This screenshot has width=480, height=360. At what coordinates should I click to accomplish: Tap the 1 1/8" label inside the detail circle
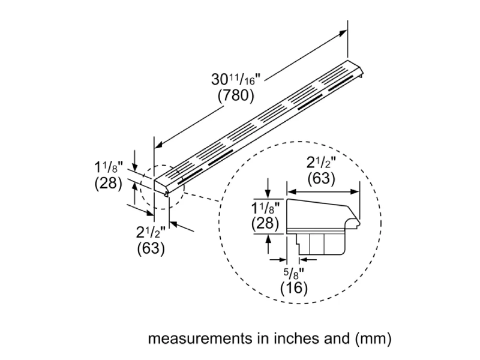coord(265,208)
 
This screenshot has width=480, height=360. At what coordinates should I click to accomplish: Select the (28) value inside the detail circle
coord(265,224)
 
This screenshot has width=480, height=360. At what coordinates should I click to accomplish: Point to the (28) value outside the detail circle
coord(109,184)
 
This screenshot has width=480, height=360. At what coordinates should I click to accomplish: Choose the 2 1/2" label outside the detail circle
coord(151,232)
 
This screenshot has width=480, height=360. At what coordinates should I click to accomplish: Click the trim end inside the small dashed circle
coord(164,186)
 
